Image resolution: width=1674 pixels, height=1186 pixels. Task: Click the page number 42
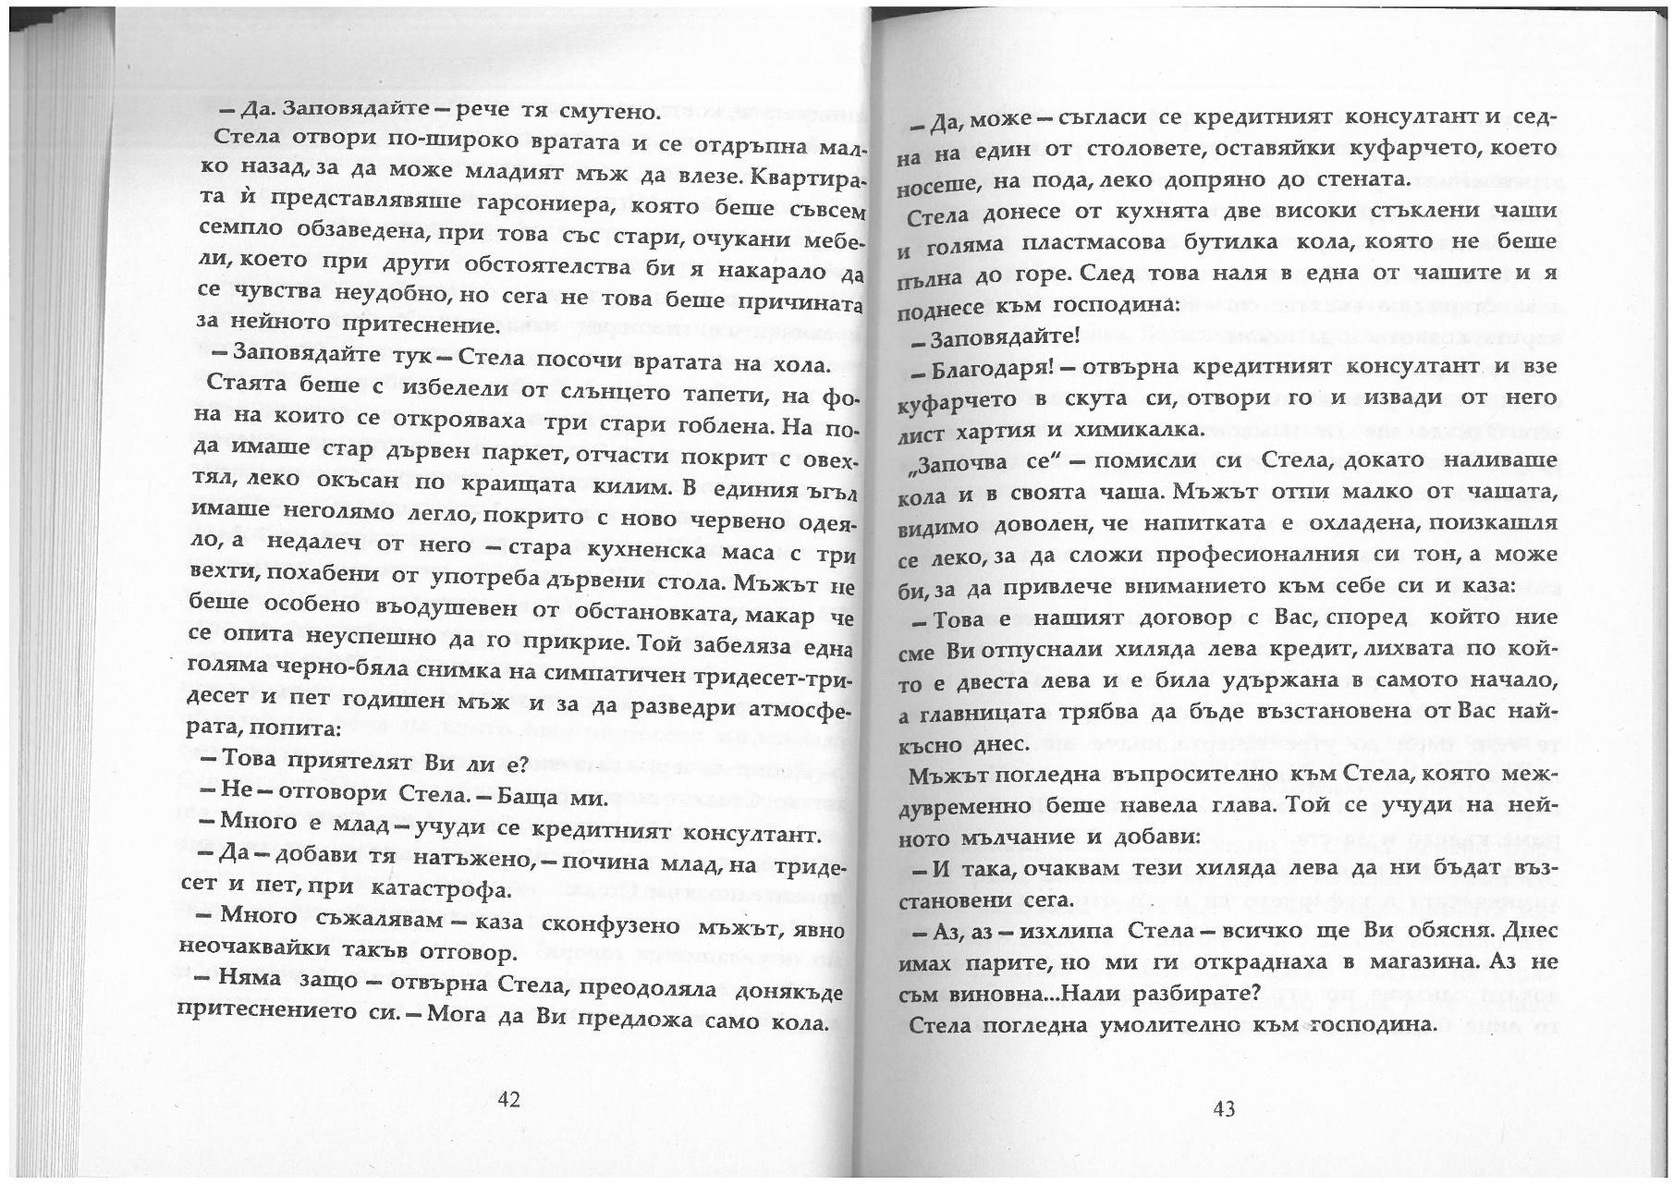click(509, 1099)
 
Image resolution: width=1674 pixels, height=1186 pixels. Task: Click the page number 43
click(1223, 1109)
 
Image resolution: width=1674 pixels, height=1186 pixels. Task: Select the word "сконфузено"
click(577, 925)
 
